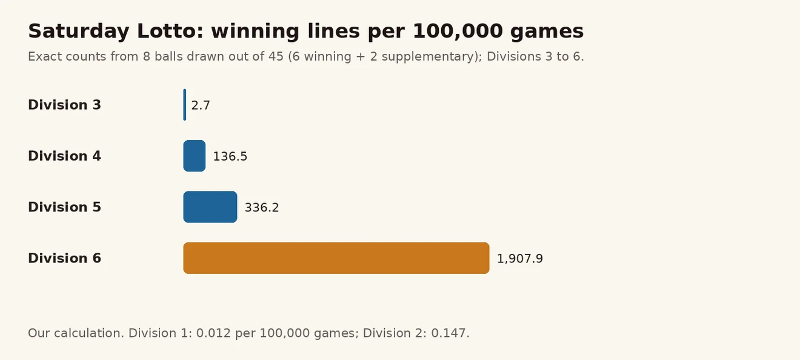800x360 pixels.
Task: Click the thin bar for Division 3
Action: click(x=185, y=105)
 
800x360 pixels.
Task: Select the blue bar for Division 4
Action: click(x=195, y=156)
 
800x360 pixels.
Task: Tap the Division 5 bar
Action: click(x=210, y=207)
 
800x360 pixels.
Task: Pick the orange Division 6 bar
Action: click(x=336, y=258)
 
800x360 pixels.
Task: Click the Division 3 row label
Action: click(x=65, y=105)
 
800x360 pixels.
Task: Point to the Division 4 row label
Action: click(x=65, y=156)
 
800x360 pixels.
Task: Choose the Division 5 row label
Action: click(x=65, y=207)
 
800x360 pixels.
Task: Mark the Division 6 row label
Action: click(x=65, y=258)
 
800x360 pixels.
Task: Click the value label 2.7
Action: click(x=201, y=105)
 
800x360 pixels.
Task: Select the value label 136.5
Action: click(x=230, y=156)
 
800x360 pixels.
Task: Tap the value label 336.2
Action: click(x=261, y=207)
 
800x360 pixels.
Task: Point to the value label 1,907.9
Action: click(x=519, y=259)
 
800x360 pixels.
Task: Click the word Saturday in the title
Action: click(x=79, y=32)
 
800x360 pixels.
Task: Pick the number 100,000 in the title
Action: click(x=458, y=32)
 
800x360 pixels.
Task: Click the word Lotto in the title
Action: click(x=170, y=32)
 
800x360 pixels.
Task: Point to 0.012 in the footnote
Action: click(x=213, y=333)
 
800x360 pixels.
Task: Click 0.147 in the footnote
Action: click(x=450, y=333)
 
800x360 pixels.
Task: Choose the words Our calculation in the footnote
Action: click(x=76, y=333)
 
